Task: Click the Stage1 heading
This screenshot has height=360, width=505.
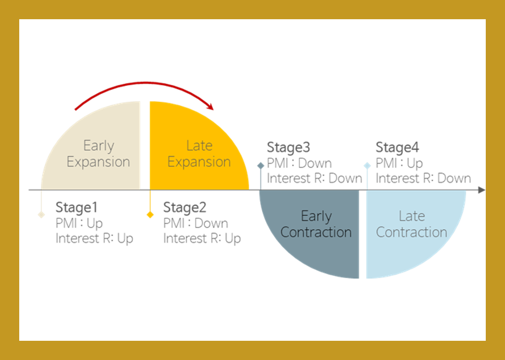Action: (76, 208)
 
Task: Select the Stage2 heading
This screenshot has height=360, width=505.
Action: (185, 208)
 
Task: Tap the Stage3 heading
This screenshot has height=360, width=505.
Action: (288, 148)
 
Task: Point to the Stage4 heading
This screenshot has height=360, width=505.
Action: (397, 148)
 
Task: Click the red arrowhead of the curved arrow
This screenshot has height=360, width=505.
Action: (210, 107)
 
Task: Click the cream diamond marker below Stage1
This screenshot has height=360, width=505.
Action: (41, 215)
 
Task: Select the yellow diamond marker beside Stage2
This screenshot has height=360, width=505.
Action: (150, 215)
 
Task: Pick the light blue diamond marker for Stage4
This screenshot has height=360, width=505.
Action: (367, 165)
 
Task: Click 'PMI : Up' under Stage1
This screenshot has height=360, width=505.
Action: (79, 223)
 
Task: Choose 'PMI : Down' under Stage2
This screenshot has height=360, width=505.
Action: (195, 223)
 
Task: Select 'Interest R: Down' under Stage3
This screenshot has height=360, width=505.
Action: (314, 178)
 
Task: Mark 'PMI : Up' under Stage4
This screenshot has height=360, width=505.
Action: (399, 163)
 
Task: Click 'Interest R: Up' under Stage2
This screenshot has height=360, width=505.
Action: (202, 238)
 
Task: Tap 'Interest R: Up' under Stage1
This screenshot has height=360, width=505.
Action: (94, 238)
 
